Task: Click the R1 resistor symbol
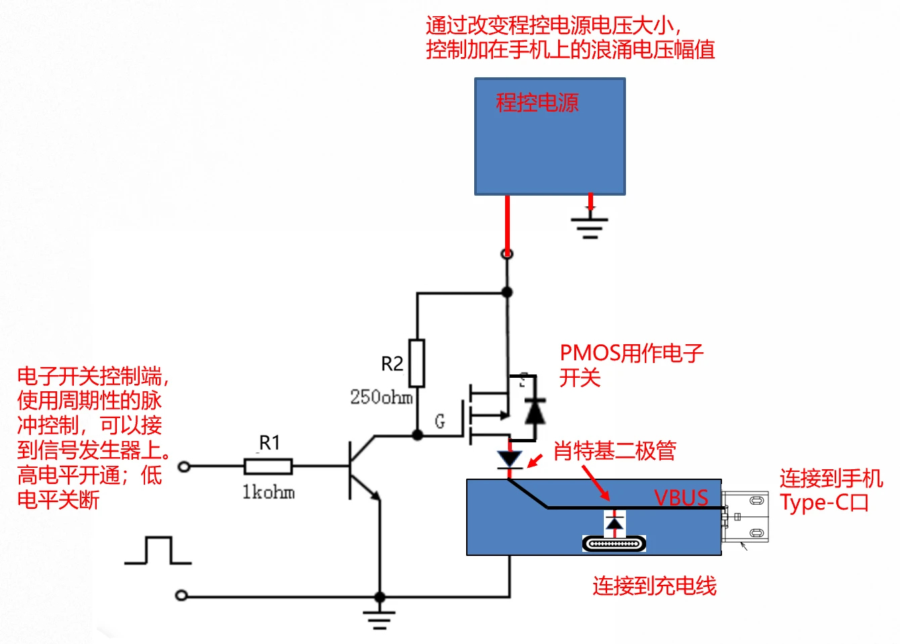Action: (267, 466)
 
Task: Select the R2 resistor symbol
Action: (417, 363)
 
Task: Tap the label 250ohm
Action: (381, 397)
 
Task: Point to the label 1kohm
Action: (268, 492)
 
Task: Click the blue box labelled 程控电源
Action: (550, 136)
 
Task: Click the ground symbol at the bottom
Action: (379, 618)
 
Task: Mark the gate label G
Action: (440, 421)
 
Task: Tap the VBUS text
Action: (681, 497)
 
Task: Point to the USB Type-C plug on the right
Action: (746, 516)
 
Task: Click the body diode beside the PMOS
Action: (535, 410)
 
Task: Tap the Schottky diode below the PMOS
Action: (510, 459)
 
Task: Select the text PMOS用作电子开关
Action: (631, 365)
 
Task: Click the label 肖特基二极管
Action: (615, 450)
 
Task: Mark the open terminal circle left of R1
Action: (183, 466)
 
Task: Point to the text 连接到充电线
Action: (654, 586)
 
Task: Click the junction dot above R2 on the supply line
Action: (507, 292)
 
